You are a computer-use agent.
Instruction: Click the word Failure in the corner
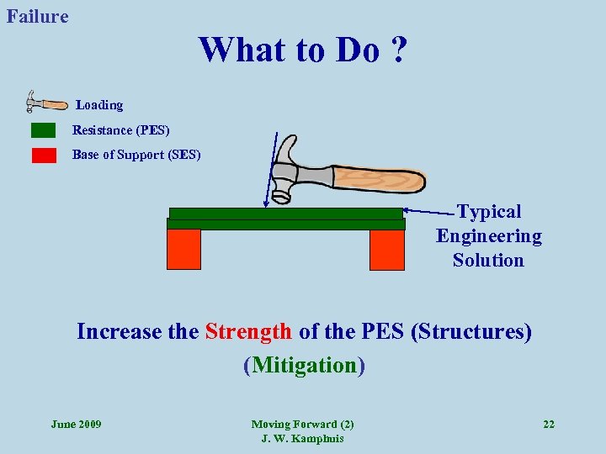(x=37, y=16)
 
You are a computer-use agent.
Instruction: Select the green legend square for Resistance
(x=43, y=130)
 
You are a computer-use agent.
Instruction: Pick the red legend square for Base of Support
(x=44, y=155)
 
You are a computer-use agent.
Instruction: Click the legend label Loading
(x=99, y=105)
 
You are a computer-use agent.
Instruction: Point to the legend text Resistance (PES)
(x=120, y=130)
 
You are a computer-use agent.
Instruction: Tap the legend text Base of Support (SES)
(x=136, y=155)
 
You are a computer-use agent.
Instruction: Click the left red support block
(x=183, y=249)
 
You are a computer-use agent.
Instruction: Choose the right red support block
(x=387, y=249)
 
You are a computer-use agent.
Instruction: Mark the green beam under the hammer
(x=286, y=219)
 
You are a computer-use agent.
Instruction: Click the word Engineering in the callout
(x=489, y=236)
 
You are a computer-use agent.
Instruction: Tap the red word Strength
(x=248, y=331)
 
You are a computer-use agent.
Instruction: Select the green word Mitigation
(x=303, y=365)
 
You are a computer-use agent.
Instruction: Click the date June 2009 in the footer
(x=76, y=424)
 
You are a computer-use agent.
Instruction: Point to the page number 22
(x=549, y=424)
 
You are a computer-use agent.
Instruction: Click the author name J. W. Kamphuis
(x=302, y=439)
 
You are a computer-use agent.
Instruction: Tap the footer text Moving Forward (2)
(x=302, y=424)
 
